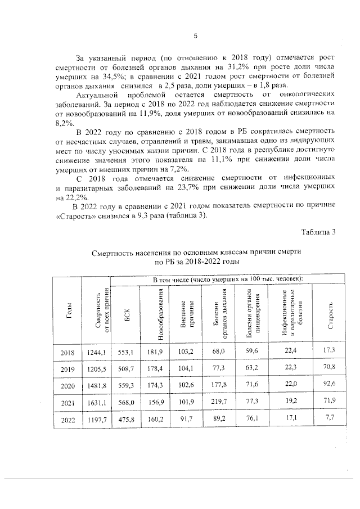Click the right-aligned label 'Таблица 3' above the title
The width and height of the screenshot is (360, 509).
point(318,233)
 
